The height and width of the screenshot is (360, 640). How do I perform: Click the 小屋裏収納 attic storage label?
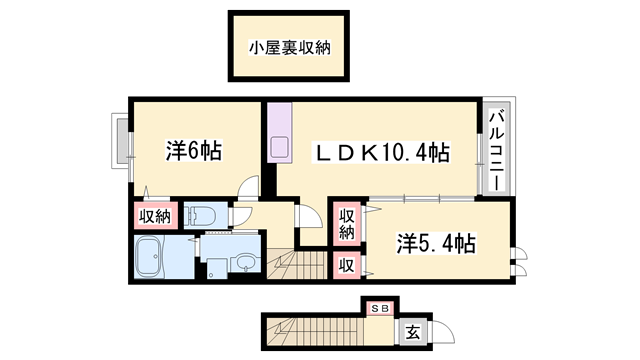click(290, 46)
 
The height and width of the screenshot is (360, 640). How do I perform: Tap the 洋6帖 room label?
click(194, 152)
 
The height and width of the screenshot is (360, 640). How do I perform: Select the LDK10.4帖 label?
click(382, 153)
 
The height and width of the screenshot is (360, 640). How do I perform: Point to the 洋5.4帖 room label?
click(435, 243)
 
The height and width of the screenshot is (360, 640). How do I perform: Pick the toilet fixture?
click(200, 215)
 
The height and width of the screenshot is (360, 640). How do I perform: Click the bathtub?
click(156, 260)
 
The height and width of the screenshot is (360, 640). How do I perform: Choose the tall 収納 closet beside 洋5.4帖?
click(347, 226)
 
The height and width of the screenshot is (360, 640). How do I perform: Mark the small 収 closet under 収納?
click(345, 265)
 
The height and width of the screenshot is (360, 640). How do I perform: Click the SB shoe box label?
click(380, 308)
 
